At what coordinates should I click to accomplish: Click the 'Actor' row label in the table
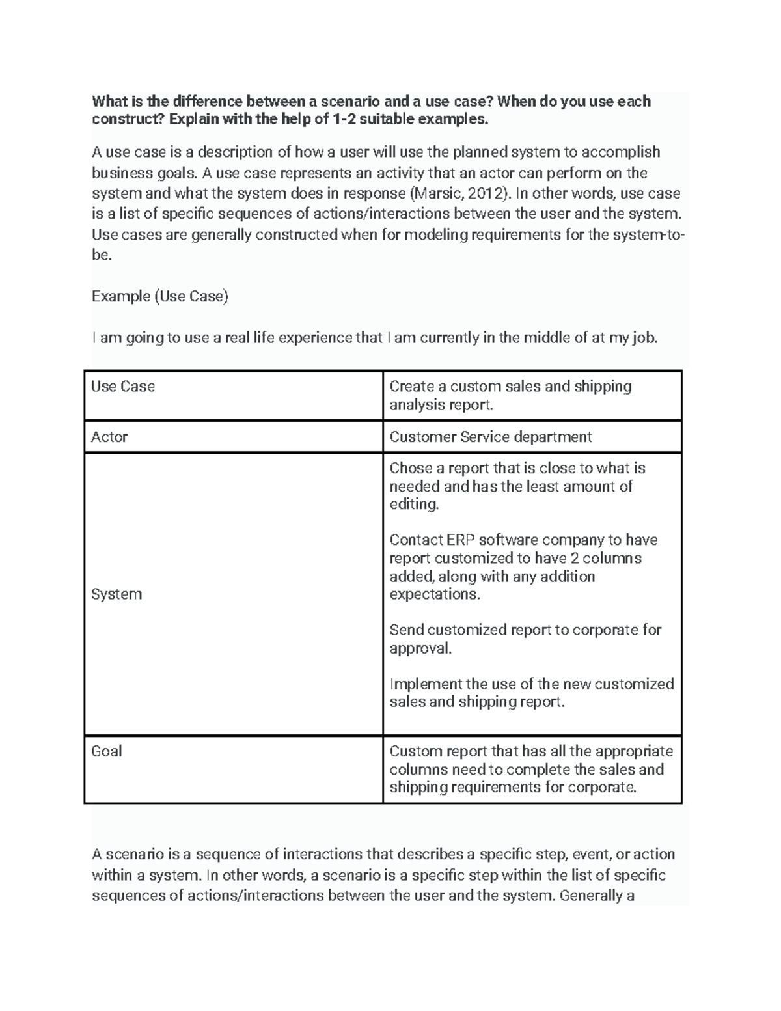point(109,437)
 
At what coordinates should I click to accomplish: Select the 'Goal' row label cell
point(107,751)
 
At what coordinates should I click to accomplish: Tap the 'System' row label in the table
point(116,594)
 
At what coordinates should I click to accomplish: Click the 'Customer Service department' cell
point(490,437)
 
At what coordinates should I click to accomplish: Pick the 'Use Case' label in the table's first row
point(123,387)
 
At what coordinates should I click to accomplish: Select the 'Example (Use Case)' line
point(160,297)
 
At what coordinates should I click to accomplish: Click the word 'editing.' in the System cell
point(415,504)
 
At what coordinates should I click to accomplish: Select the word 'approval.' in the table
point(420,648)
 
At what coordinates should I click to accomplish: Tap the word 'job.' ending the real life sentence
point(644,338)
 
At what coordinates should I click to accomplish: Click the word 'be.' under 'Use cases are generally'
point(102,255)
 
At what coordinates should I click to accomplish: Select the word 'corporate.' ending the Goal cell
point(602,788)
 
